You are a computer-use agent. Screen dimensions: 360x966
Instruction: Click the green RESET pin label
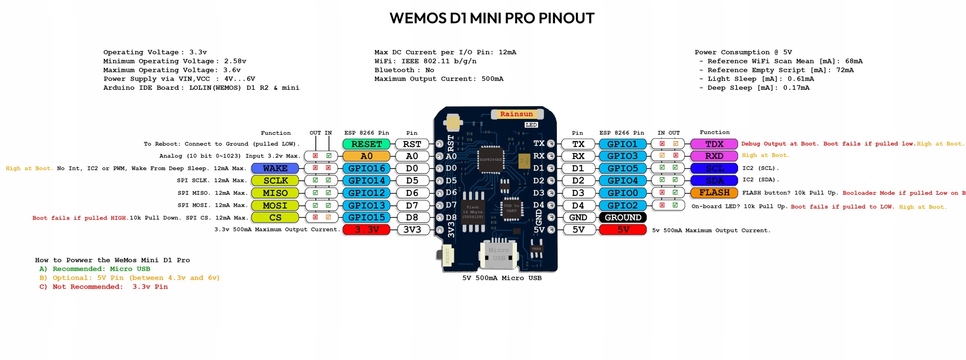point(366,144)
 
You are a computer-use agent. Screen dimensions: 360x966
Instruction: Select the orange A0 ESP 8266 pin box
point(366,156)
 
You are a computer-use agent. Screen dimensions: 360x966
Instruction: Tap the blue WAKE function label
point(275,168)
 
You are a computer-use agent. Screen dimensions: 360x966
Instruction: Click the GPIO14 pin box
point(366,181)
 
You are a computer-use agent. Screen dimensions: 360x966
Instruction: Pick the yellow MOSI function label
point(275,205)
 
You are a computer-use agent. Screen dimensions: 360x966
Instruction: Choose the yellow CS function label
point(275,217)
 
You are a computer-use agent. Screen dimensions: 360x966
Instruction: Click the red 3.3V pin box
point(366,229)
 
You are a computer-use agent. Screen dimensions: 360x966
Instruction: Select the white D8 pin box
point(412,217)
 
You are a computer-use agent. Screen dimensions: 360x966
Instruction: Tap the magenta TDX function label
point(714,144)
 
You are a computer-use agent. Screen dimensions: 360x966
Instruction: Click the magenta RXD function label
point(714,156)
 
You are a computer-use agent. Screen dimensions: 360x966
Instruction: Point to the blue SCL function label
point(714,168)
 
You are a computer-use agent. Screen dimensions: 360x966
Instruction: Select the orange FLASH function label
point(714,193)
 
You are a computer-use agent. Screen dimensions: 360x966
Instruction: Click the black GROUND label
point(623,217)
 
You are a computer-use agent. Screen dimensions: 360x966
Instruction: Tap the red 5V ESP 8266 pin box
point(623,229)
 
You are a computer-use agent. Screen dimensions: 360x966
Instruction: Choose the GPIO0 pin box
point(623,193)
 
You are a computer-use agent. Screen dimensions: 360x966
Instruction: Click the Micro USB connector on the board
point(498,254)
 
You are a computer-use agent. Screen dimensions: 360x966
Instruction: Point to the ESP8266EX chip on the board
point(491,160)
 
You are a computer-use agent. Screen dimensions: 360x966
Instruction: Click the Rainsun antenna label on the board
point(517,114)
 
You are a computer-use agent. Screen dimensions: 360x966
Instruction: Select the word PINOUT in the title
point(566,18)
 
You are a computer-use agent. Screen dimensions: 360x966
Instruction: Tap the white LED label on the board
point(531,125)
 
